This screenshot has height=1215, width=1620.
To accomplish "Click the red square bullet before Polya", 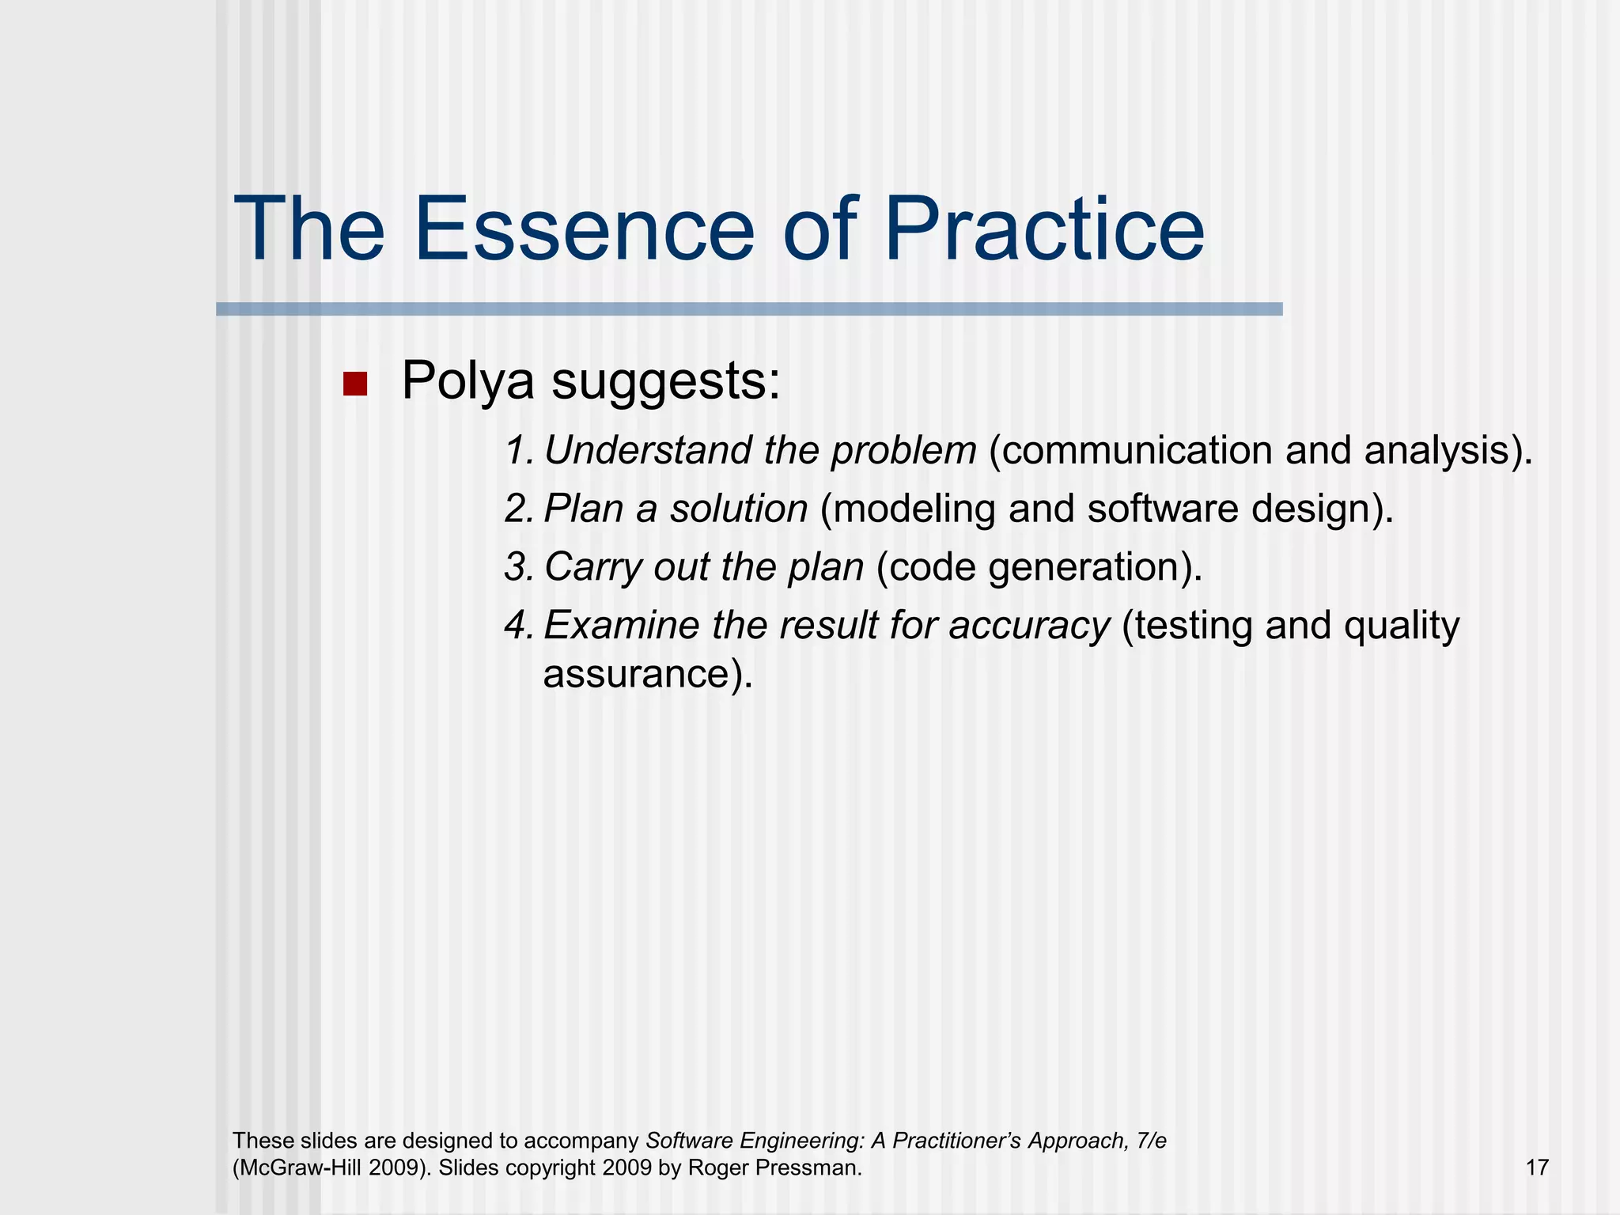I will (x=355, y=384).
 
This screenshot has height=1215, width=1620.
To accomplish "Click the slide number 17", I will (x=1536, y=1168).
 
